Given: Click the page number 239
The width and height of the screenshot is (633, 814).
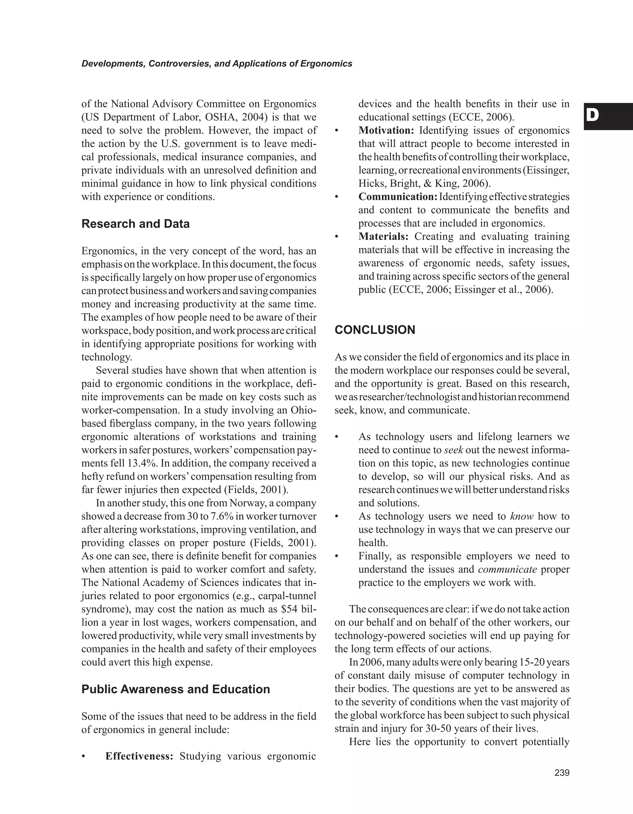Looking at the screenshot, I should [562, 773].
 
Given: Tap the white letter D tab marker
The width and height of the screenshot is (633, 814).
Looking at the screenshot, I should [593, 116].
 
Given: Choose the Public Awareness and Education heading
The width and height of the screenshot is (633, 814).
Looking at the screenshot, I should [176, 689].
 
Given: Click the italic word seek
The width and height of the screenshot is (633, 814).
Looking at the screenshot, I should [453, 450].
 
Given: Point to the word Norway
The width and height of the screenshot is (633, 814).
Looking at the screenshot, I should [245, 503].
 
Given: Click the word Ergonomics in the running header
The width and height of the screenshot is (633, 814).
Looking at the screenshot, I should [326, 64].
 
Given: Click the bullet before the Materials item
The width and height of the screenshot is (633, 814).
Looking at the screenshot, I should [337, 237].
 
